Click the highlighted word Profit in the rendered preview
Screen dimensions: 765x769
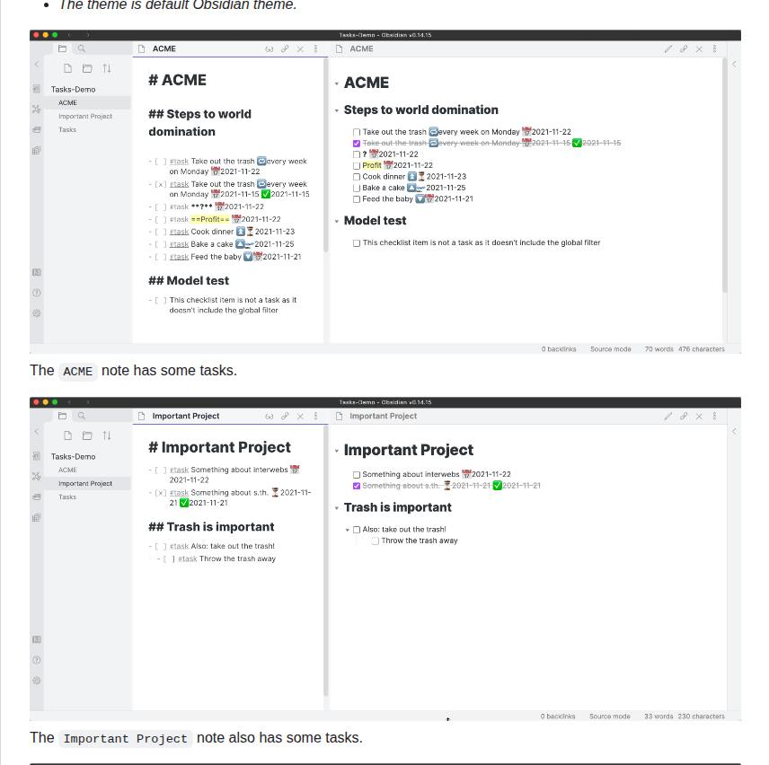[x=372, y=165]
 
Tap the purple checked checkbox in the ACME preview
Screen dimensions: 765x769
[x=357, y=143]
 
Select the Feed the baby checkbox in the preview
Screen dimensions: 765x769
[x=357, y=199]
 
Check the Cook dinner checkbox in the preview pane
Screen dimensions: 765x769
[x=357, y=177]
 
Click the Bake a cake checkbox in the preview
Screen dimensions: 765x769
[x=357, y=188]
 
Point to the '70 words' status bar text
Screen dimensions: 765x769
[x=659, y=349]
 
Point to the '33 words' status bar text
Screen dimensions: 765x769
[x=659, y=717]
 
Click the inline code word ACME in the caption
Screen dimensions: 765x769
[x=78, y=371]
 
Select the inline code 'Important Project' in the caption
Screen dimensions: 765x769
[x=126, y=739]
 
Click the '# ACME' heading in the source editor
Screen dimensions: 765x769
[x=177, y=80]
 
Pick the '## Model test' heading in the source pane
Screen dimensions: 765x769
[x=189, y=280]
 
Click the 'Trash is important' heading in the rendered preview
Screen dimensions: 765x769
[x=397, y=507]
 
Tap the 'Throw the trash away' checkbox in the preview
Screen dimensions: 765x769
[x=376, y=541]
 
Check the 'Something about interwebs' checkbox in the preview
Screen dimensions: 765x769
[x=357, y=474]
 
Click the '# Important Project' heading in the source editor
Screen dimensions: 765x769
[x=219, y=447]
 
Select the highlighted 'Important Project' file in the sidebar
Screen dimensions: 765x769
[x=85, y=483]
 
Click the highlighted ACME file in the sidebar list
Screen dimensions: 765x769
[x=68, y=102]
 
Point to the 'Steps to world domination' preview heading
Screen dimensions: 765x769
[x=420, y=110]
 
